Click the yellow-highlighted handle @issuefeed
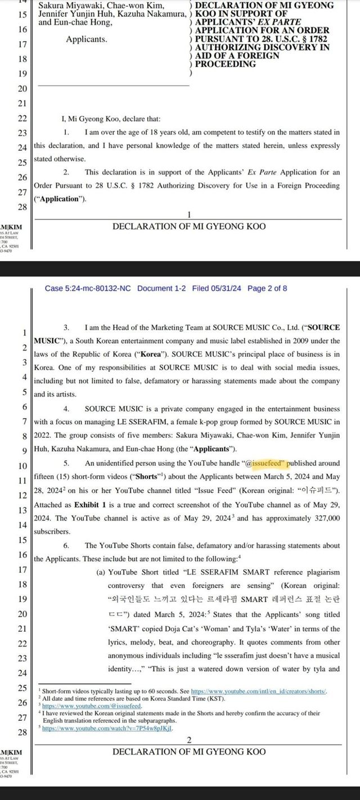click(264, 463)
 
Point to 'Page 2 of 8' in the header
click(268, 289)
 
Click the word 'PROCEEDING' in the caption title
click(224, 64)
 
